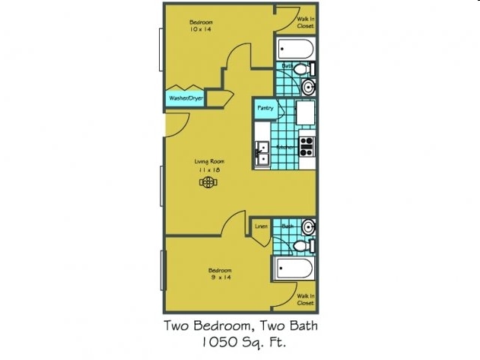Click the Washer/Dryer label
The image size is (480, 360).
click(184, 98)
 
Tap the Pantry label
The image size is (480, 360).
click(265, 108)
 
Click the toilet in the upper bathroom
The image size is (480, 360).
click(301, 70)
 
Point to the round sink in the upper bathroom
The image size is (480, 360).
click(308, 88)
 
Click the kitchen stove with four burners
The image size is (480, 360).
click(307, 145)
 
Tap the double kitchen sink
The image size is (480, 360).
click(262, 154)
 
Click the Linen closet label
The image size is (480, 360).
click(261, 226)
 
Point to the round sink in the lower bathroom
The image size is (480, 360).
click(307, 226)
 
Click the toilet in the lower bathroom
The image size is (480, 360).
click(301, 245)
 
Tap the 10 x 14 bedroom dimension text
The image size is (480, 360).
click(200, 29)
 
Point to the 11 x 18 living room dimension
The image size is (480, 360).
click(209, 170)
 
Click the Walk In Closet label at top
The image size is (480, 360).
click(304, 22)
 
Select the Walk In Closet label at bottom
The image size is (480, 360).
click(304, 299)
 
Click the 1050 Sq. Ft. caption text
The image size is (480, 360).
click(241, 343)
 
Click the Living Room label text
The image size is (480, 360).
click(209, 161)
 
